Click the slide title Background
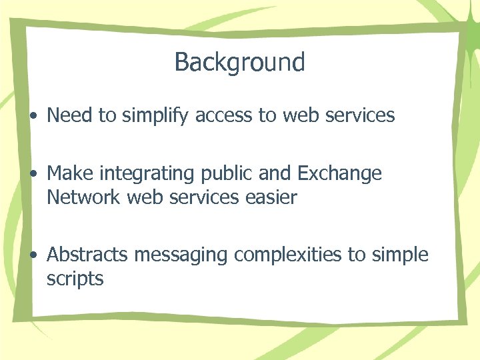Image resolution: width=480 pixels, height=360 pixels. pos(239,62)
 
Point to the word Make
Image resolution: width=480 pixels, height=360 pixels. pos(71,173)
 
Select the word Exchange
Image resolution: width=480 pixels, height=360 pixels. pos(339,174)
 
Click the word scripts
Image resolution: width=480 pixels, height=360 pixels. pos(75,279)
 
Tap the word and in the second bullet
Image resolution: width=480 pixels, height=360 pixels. pos(274,174)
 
